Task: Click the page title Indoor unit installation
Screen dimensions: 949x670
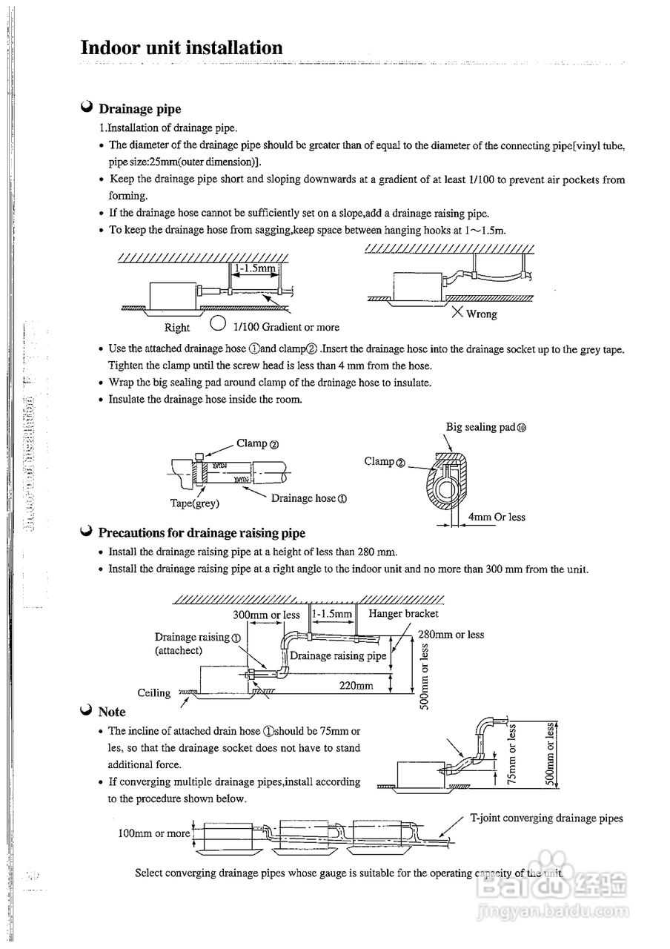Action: (182, 48)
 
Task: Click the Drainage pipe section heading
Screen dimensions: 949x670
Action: (139, 109)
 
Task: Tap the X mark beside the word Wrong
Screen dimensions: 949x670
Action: (458, 313)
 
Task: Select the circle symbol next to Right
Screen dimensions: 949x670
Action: (217, 324)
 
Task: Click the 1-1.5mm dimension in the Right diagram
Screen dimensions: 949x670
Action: (254, 269)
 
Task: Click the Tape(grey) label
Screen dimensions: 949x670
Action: (194, 503)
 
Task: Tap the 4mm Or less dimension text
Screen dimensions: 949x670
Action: (497, 517)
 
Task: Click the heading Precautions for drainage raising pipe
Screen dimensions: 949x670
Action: (201, 532)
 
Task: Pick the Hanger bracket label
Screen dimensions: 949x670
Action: (403, 613)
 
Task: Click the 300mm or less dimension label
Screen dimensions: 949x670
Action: (266, 615)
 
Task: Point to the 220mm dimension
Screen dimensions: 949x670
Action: (356, 686)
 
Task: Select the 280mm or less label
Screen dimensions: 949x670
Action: (451, 634)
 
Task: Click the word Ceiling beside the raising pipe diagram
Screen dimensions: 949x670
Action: (154, 692)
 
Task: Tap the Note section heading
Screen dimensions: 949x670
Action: (112, 712)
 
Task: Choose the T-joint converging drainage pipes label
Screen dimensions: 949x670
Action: (546, 818)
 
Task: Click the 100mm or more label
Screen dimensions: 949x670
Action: (154, 833)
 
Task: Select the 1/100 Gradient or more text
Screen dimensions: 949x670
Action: (286, 327)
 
